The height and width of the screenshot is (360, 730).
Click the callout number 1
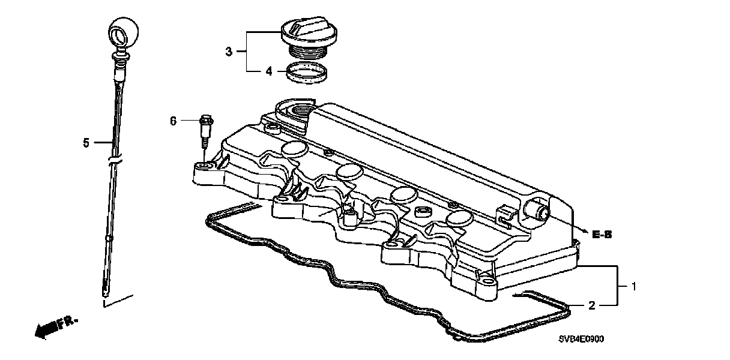(x=632, y=287)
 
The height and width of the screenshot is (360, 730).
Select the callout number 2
(x=591, y=306)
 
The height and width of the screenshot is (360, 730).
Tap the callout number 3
(x=228, y=52)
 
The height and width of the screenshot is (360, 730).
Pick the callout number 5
(x=86, y=143)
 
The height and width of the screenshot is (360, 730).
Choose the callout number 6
(x=173, y=121)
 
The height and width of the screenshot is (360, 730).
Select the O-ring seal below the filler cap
(x=307, y=73)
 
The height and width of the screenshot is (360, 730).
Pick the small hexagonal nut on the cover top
(x=421, y=211)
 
